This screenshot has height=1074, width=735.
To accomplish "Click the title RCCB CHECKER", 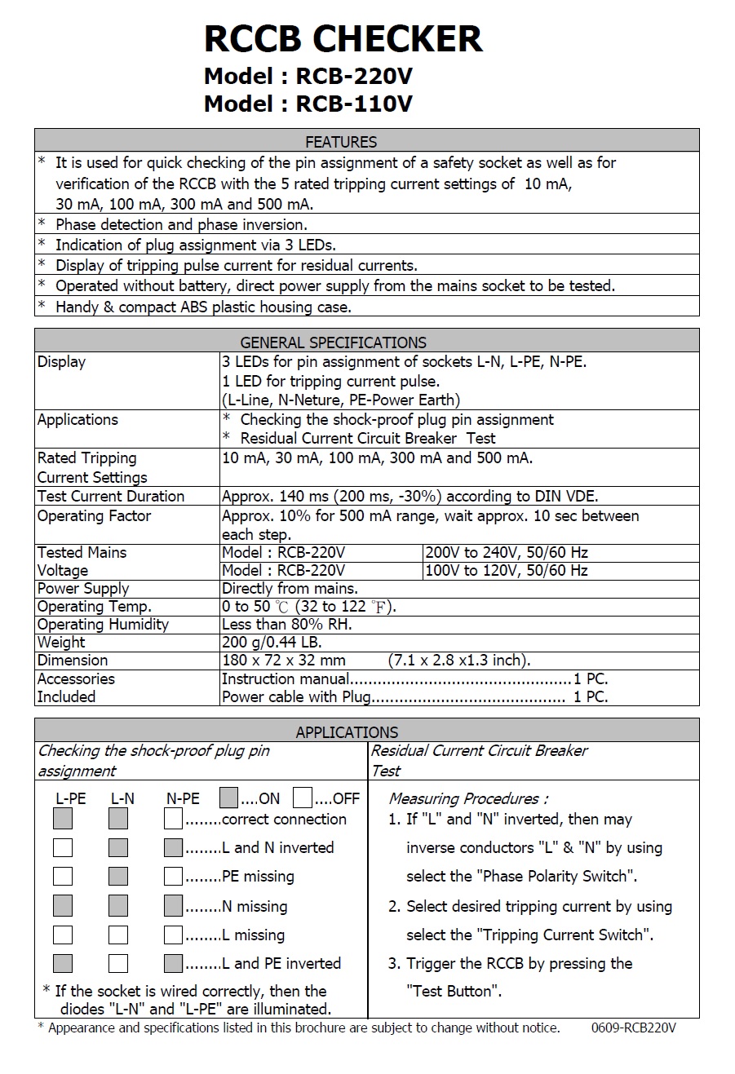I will (343, 39).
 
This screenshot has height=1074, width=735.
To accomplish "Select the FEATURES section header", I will (341, 142).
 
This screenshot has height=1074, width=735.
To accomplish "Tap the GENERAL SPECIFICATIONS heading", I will (333, 343).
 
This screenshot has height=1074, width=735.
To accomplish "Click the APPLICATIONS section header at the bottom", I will (347, 731).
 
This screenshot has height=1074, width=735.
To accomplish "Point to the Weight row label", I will (61, 643).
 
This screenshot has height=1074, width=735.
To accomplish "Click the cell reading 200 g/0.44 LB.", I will (272, 643).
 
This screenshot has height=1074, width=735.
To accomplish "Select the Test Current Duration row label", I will (111, 496).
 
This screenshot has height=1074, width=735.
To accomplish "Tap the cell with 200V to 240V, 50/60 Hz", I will (507, 552).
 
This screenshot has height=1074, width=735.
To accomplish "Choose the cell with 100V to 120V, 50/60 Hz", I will (507, 570).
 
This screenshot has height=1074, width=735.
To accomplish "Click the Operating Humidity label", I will (103, 625).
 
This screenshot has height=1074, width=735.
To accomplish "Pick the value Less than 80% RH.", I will (287, 625).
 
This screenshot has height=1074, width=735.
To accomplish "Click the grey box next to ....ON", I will (229, 798).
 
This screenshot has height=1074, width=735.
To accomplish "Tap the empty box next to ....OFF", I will (303, 798).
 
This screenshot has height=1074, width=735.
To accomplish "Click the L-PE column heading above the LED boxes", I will (70, 799).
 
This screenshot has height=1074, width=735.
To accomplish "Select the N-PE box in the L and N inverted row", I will (173, 847).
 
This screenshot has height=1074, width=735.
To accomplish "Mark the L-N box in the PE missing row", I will (118, 877).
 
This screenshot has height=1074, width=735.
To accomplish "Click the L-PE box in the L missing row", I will (63, 935).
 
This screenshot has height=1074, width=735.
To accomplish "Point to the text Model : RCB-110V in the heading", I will (308, 104).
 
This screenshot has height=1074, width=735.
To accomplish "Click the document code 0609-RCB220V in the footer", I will (633, 1028).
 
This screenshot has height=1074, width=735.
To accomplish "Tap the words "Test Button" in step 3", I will (454, 992).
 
